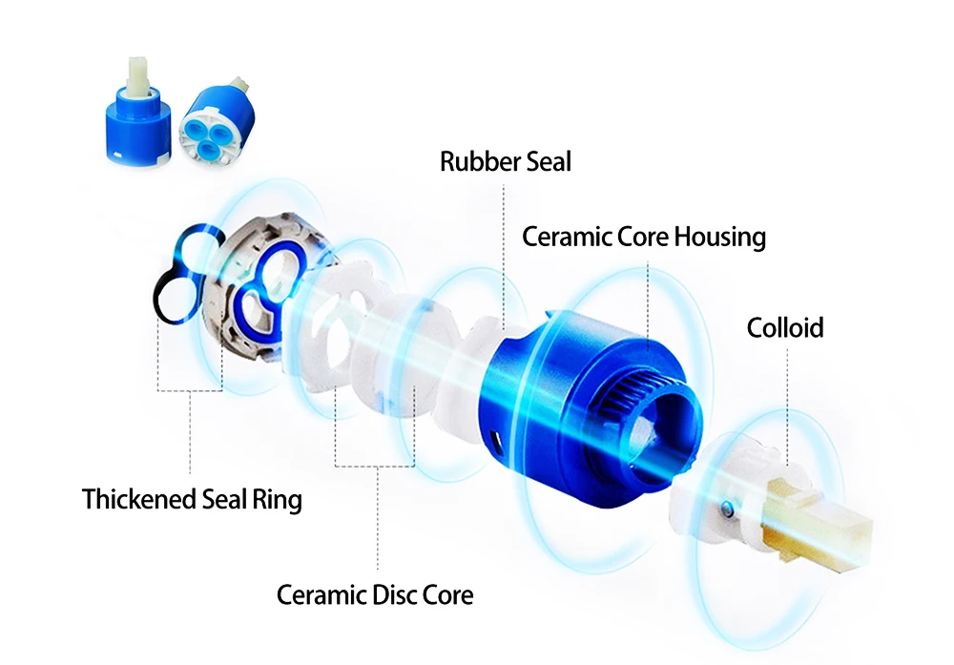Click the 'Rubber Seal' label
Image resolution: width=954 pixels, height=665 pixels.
tap(505, 161)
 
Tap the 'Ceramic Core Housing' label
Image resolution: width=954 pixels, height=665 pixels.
tap(644, 236)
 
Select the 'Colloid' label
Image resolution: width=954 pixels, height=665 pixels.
tap(784, 328)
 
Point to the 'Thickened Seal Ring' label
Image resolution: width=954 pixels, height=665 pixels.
tap(192, 499)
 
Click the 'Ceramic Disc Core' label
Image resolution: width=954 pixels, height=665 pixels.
tap(375, 595)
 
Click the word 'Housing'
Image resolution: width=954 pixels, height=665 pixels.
tap(720, 236)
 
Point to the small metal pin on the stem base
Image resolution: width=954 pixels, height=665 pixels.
tap(729, 511)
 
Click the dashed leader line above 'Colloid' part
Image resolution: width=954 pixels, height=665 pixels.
tap(787, 401)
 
